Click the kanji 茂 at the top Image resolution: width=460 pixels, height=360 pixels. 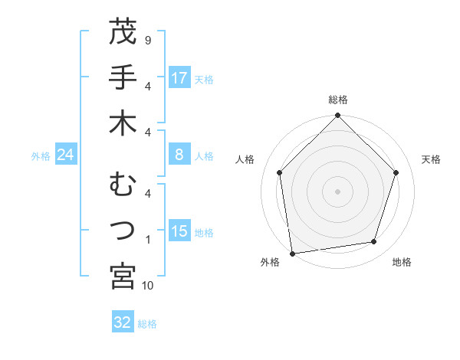coord(123,33)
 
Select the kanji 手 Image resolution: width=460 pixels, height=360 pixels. coord(123,79)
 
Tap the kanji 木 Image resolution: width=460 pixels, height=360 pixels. coord(123,124)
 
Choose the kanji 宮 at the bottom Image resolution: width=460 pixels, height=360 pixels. coord(123,277)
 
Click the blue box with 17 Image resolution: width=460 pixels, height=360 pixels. coord(179,78)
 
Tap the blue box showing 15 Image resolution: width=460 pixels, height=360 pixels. coord(179,232)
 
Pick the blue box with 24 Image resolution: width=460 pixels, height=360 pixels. coord(66,155)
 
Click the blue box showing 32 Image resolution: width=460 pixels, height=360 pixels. coord(123,322)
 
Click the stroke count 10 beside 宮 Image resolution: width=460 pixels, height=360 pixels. coord(148,286)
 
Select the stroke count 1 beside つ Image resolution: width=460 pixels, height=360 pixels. coord(148,240)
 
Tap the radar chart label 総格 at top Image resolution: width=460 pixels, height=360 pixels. coord(338,100)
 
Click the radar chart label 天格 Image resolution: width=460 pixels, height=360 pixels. coord(432,159)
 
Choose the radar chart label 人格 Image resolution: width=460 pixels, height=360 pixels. coord(245,159)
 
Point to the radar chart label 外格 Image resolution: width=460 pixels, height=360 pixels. coord(269,263)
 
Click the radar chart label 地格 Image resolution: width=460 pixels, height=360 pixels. coord(402,263)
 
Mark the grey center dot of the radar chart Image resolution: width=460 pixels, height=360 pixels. coord(338,191)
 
